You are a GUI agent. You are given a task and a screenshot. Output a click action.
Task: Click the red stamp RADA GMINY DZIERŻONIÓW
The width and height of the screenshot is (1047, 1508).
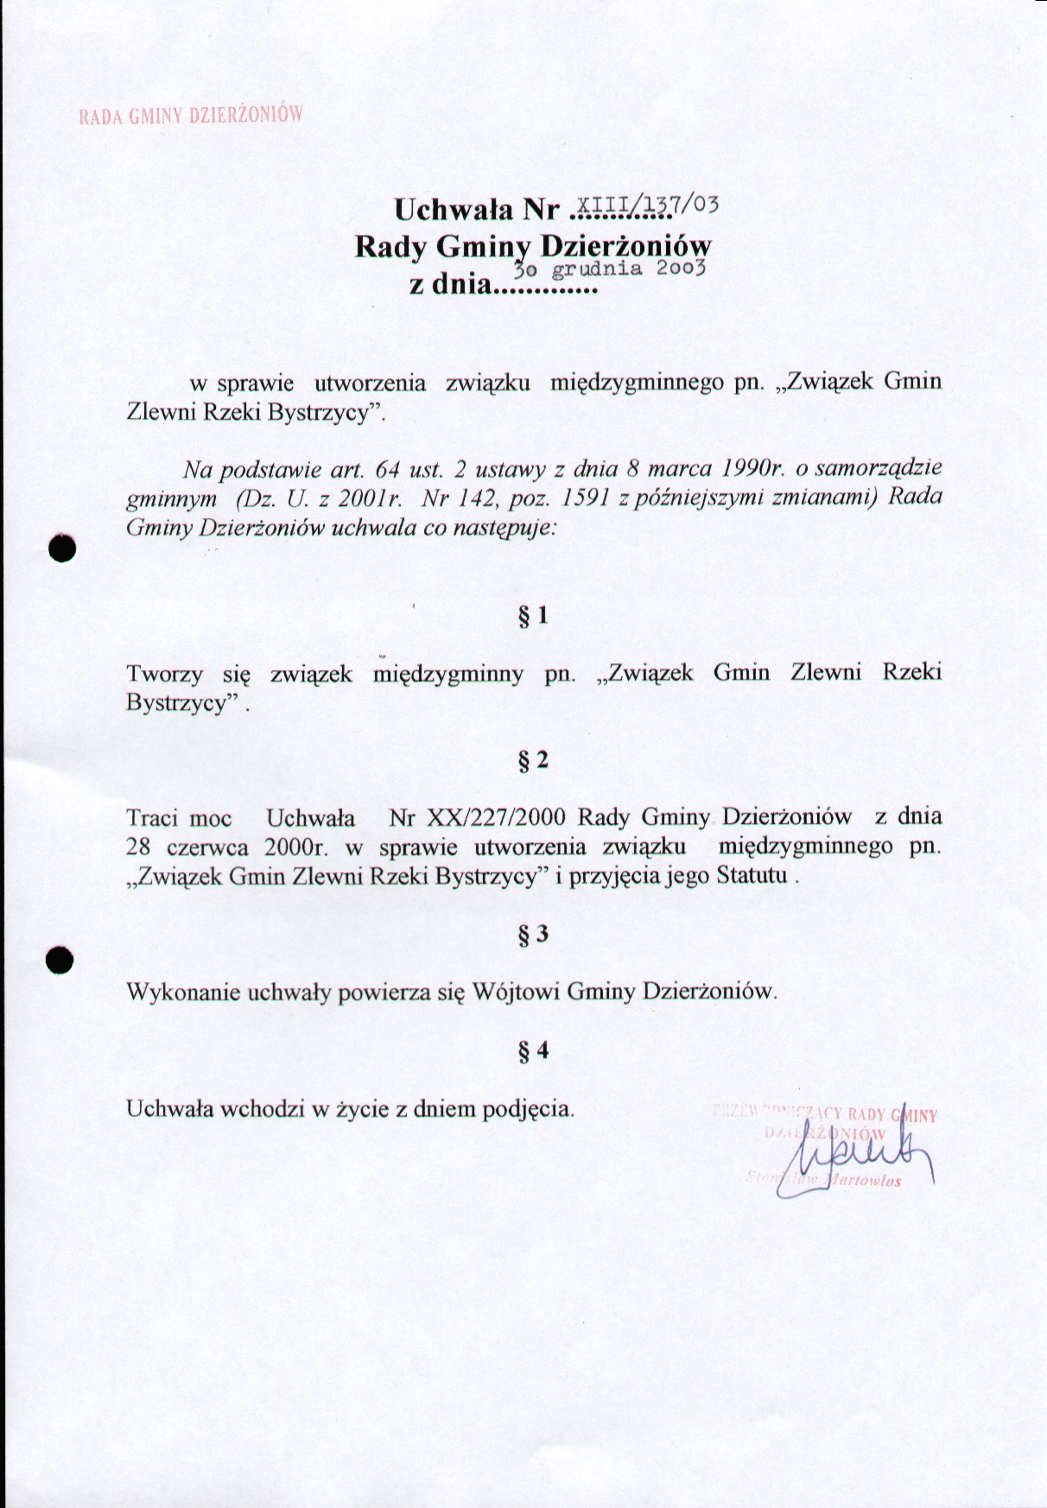point(191,116)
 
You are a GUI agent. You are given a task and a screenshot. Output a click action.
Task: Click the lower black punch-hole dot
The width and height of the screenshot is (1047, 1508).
point(60,960)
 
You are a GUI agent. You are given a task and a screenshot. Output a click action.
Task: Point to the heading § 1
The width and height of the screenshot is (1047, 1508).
point(532,616)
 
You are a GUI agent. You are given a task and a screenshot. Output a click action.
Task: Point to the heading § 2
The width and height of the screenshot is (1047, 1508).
point(532,760)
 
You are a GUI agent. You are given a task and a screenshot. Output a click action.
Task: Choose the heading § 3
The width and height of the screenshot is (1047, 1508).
point(532,935)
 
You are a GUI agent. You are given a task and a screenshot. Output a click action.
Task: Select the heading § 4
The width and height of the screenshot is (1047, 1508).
point(532,1051)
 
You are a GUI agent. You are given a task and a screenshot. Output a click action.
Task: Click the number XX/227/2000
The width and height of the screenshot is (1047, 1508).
point(477,817)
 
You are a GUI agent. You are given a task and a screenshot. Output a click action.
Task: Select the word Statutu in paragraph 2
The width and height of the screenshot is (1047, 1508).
point(752,876)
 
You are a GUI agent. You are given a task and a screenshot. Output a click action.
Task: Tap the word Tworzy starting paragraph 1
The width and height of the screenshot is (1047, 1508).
point(165,674)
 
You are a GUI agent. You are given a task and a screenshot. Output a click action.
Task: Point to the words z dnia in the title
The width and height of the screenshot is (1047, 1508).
point(448,283)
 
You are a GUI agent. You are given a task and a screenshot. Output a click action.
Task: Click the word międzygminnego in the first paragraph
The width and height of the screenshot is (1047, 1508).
point(637,382)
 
